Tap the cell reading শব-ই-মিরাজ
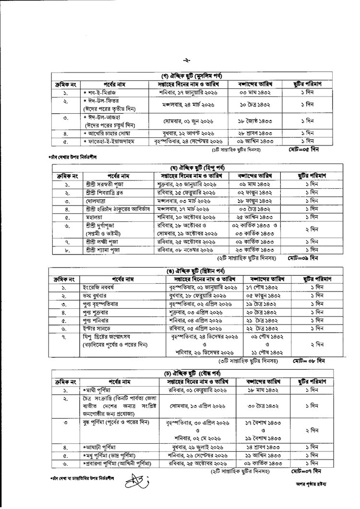98,92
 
